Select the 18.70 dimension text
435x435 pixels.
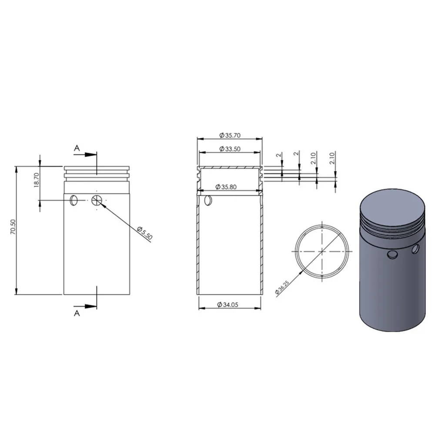point(37,179)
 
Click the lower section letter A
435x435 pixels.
point(77,313)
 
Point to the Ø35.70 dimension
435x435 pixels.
point(230,135)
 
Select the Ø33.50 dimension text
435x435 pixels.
point(230,149)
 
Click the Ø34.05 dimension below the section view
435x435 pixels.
point(229,305)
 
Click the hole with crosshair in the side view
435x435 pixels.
point(97,200)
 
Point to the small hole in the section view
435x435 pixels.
point(208,200)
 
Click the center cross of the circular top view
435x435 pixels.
point(321,251)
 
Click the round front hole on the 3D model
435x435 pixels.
point(392,255)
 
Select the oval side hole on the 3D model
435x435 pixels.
point(416,249)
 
